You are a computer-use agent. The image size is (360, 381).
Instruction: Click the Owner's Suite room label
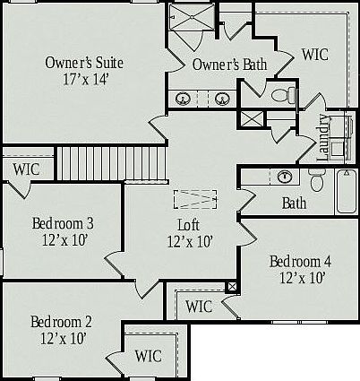(x=84, y=63)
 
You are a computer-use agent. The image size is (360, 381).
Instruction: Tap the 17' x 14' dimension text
(x=85, y=79)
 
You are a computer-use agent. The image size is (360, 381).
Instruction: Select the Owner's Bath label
(x=229, y=65)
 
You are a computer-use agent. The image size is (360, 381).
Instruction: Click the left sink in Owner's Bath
(x=183, y=99)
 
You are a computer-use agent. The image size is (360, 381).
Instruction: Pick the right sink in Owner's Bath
(x=222, y=99)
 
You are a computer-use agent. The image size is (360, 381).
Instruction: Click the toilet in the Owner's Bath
(x=283, y=95)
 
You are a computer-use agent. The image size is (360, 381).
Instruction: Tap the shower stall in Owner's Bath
(x=192, y=17)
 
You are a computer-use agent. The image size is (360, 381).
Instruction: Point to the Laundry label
(x=323, y=138)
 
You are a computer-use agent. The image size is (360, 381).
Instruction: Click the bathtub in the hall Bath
(x=347, y=191)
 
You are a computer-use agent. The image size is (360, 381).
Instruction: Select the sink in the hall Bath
(x=285, y=177)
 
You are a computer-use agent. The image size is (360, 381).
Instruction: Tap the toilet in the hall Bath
(x=316, y=180)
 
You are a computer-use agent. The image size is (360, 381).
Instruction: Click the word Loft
(x=189, y=225)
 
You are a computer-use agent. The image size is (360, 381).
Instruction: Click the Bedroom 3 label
(x=63, y=223)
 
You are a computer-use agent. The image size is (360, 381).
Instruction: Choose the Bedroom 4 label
(x=300, y=262)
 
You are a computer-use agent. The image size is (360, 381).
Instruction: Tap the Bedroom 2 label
(x=61, y=322)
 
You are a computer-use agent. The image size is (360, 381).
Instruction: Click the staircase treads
(x=111, y=163)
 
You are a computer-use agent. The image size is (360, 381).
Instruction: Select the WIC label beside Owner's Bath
(x=315, y=55)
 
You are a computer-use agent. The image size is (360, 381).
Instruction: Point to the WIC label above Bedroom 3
(x=26, y=169)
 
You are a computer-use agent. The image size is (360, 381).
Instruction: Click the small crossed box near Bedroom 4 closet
(x=232, y=287)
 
